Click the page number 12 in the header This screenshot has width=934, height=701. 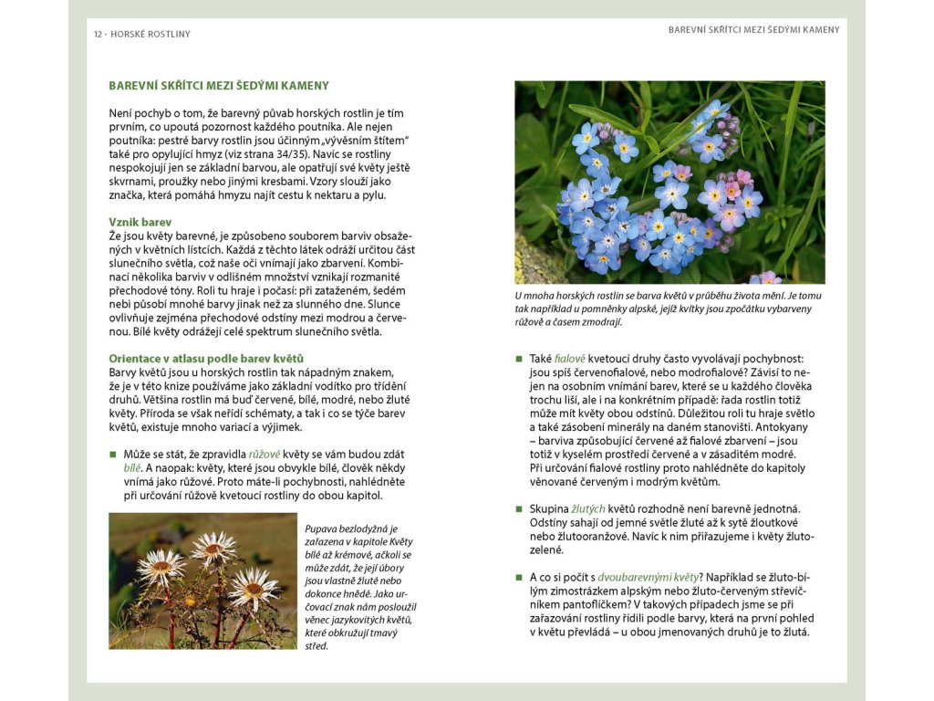click(x=98, y=35)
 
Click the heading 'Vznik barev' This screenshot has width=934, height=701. click(x=140, y=222)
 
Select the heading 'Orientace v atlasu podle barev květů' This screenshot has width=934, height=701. click(x=206, y=359)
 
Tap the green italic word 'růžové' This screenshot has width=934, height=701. click(x=265, y=455)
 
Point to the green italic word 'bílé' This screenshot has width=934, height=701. click(x=132, y=468)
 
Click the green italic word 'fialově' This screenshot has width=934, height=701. click(x=570, y=360)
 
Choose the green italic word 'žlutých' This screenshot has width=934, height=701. click(x=588, y=508)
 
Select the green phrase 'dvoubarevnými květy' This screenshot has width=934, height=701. click(x=649, y=577)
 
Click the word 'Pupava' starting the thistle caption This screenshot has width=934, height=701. click(x=323, y=528)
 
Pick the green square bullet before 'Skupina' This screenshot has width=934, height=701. click(x=519, y=508)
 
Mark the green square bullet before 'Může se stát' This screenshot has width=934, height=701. click(x=113, y=455)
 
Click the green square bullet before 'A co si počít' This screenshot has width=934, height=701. click(x=519, y=577)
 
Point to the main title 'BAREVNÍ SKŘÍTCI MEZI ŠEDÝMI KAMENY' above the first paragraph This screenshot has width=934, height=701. click(x=219, y=86)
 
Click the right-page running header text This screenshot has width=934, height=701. click(x=753, y=29)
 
